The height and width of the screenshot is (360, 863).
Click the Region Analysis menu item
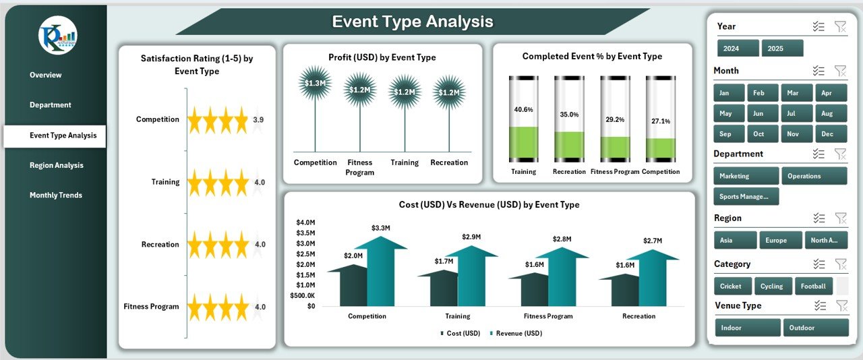pos(56,165)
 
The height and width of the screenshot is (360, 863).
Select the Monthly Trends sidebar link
pos(56,196)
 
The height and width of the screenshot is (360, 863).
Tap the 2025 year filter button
pos(782,49)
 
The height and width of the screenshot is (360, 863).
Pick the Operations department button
pos(814,176)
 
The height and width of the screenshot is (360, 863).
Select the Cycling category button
pos(773,286)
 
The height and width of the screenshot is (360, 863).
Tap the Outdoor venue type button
pos(815,328)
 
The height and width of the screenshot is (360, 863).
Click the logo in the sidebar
pos(58,35)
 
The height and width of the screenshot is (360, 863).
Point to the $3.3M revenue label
pos(381,228)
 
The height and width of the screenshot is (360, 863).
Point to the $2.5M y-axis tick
pos(306,254)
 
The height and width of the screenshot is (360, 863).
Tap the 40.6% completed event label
pos(523,109)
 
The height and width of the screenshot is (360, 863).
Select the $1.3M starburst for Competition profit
pos(315,84)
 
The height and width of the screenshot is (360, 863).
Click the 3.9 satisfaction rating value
pos(258,120)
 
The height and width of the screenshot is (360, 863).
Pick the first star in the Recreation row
pos(196,245)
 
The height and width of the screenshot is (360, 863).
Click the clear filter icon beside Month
pos(840,71)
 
